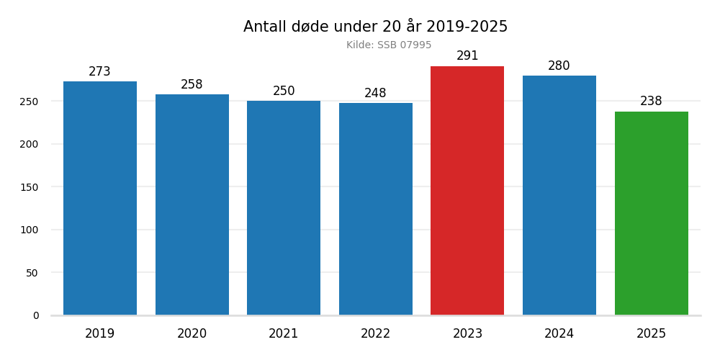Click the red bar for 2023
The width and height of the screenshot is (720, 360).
[467, 191]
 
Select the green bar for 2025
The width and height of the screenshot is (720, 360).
[651, 213]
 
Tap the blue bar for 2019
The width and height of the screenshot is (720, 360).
[100, 198]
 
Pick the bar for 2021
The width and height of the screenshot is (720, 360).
[284, 208]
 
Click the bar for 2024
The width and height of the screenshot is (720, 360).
[559, 195]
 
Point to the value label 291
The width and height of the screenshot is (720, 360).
[467, 56]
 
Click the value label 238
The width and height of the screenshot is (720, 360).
[651, 102]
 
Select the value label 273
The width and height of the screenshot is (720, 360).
[100, 72]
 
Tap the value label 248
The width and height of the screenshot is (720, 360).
[375, 94]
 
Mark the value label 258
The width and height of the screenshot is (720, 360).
[192, 85]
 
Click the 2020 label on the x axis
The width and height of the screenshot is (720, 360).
[192, 334]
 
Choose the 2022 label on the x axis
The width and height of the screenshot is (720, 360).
[375, 334]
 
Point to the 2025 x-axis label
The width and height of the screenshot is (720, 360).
[651, 334]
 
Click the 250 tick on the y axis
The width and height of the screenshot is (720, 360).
[29, 102]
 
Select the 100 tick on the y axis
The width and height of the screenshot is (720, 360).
[29, 230]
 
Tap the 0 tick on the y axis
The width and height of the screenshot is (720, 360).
[36, 315]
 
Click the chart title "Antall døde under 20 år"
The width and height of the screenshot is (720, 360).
[375, 27]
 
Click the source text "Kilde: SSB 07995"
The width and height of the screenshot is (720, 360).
[389, 45]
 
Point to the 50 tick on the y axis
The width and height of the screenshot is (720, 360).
[32, 273]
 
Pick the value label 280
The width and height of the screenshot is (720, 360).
[559, 66]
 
